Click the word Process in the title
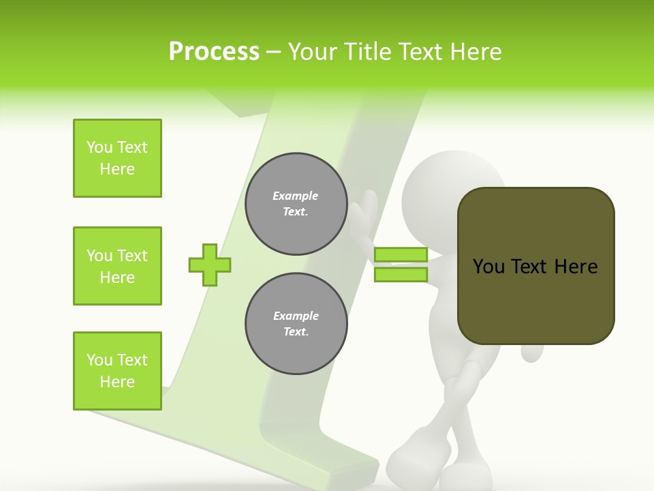[x=214, y=52]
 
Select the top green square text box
[x=117, y=158]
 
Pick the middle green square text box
[x=117, y=266]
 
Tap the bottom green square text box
[x=117, y=371]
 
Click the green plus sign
[x=210, y=265]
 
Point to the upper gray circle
[x=296, y=203]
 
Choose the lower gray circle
[x=296, y=323]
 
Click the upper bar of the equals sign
[x=401, y=255]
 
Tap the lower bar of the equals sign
[x=401, y=274]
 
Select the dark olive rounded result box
[x=535, y=266]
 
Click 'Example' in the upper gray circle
[x=296, y=196]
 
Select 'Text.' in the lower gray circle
[x=296, y=331]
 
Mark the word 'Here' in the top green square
[x=117, y=169]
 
